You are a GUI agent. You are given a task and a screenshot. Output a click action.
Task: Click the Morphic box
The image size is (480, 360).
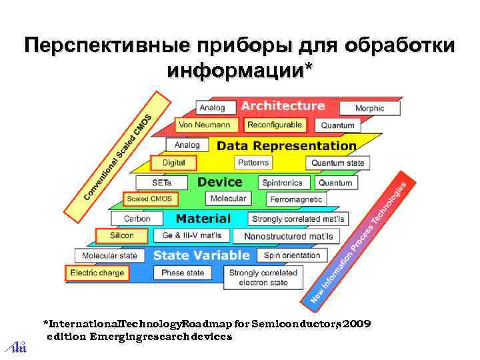[x=369, y=108]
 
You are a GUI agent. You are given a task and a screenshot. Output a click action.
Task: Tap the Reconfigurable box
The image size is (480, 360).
[x=274, y=125]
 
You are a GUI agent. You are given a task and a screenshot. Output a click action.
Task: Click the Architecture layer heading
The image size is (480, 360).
[x=283, y=106]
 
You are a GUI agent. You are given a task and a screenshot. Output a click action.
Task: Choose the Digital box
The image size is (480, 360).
[x=174, y=162]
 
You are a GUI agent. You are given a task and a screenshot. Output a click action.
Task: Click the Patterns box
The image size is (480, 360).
[x=253, y=163]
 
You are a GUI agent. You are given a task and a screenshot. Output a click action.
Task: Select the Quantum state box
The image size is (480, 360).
[x=337, y=163]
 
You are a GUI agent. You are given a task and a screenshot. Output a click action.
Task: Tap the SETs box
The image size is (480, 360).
[x=162, y=182]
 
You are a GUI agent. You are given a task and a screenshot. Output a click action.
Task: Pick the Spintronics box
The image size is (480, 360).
[x=282, y=183]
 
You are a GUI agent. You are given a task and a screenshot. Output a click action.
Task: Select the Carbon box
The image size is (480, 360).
[x=137, y=218]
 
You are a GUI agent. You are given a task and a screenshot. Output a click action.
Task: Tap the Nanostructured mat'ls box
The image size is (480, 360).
[x=288, y=236]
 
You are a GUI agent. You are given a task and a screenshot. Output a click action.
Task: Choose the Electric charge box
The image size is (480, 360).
[x=97, y=273]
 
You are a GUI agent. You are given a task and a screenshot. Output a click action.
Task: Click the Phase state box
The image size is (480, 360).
[x=183, y=273]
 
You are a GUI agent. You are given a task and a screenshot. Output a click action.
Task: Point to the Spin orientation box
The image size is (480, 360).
[x=292, y=255]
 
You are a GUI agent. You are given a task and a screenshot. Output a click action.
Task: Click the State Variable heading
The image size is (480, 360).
[x=201, y=255]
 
